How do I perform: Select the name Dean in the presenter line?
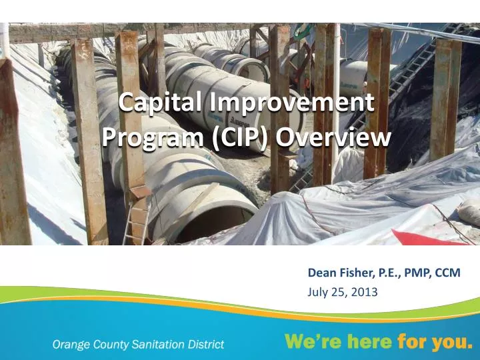point(321,273)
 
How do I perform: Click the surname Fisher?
point(355,273)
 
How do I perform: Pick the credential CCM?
point(447,273)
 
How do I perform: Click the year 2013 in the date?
point(364,291)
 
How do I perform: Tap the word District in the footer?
point(205,344)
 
